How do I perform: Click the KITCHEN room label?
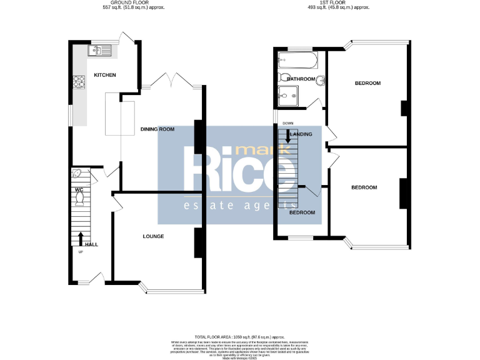(x=104, y=75)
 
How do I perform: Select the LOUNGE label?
(x=153, y=236)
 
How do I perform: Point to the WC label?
(x=79, y=189)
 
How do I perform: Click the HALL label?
(x=91, y=244)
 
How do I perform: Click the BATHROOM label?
(x=301, y=79)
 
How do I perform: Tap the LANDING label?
(x=301, y=134)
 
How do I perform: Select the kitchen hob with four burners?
(x=80, y=81)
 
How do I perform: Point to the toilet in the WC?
(x=79, y=199)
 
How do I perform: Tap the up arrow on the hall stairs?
(x=81, y=239)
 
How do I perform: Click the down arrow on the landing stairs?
(x=287, y=131)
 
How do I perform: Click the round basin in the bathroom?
(x=319, y=80)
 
